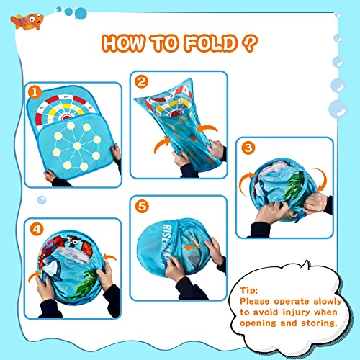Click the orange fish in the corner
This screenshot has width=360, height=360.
coord(27,22)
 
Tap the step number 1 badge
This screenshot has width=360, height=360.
coord(35,92)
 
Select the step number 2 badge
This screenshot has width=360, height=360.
coord(141,81)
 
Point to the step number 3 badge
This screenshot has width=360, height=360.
coord(248,148)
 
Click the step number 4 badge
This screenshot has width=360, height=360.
coord(37,229)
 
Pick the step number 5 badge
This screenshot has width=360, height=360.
coord(142,206)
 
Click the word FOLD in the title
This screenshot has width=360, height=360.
coord(211,43)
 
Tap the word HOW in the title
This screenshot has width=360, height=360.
coord(123,43)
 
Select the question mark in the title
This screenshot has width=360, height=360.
coord(250,43)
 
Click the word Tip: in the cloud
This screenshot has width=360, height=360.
coord(249,290)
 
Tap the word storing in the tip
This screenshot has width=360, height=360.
coord(319,323)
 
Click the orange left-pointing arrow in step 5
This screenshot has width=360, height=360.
coord(192,246)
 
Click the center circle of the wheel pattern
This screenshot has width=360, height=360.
coord(77,145)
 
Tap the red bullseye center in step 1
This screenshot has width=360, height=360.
coord(66,117)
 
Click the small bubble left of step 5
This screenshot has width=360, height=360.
coord(42,200)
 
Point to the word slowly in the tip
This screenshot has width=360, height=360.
coord(328,302)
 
